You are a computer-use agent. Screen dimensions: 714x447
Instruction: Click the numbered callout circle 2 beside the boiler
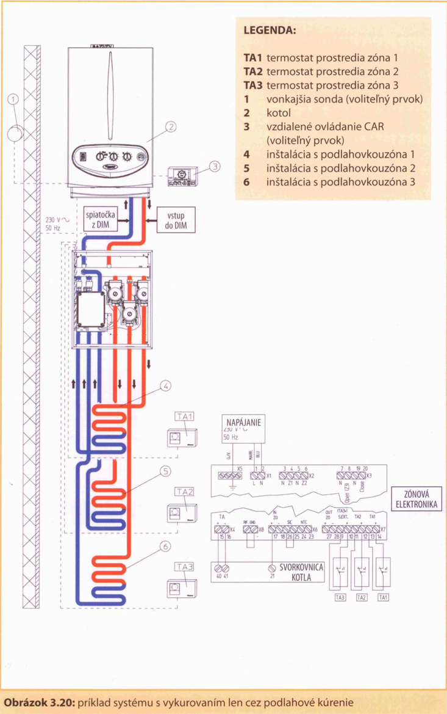171,127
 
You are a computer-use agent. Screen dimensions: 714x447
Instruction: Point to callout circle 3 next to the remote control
214,166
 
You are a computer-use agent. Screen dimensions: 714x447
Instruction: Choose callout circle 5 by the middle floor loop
165,470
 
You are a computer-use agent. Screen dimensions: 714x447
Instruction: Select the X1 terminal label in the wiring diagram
269,474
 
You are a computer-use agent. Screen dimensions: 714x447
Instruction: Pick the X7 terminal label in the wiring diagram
383,528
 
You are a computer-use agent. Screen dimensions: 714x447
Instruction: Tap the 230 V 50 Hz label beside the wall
53,224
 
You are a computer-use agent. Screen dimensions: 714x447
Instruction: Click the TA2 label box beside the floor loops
184,492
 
